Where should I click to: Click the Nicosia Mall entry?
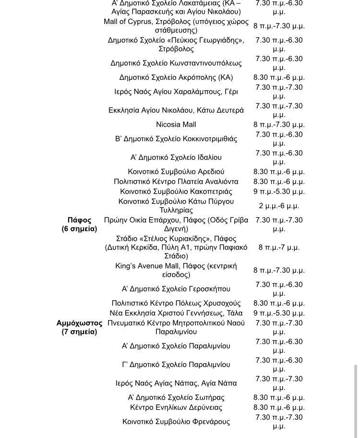[176, 125]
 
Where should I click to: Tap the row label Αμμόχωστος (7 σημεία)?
[79, 327]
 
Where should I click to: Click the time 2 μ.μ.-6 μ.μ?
[279, 206]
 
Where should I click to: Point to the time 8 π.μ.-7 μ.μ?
[279, 248]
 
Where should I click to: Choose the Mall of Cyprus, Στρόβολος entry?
[176, 26]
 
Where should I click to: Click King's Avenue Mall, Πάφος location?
[176, 271]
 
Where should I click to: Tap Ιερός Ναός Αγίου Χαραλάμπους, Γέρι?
[176, 92]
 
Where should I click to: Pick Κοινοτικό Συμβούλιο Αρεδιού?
[176, 172]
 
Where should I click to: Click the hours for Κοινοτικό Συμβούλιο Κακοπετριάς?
[279, 191]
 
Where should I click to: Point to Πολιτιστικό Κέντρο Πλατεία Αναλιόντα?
[176, 182]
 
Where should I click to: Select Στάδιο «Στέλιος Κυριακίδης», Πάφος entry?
[176, 248]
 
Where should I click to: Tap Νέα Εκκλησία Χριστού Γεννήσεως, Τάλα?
[176, 313]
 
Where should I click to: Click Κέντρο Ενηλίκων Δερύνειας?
[176, 408]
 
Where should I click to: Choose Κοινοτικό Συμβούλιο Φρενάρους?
[176, 422]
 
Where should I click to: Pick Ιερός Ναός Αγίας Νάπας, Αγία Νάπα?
[176, 383]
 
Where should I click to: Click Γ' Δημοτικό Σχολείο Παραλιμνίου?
[176, 365]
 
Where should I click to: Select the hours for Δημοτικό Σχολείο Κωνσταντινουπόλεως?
[279, 63]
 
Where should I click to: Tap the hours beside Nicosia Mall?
[279, 125]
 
